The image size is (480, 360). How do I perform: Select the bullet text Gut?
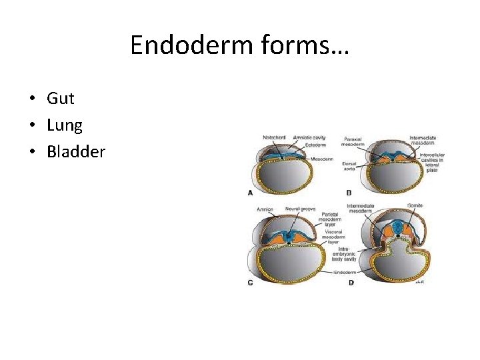coord(61,99)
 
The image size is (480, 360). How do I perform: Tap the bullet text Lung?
coord(65,125)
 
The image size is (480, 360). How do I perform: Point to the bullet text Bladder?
coord(76,152)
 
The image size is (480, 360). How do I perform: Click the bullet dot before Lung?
coord(32,126)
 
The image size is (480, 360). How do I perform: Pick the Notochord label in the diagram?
coord(274,138)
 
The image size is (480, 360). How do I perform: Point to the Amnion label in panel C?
coord(265,210)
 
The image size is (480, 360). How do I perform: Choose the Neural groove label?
coord(300,209)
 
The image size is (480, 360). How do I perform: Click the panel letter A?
coord(250,193)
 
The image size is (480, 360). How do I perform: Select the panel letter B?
coord(349,193)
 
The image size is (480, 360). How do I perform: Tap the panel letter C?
coord(250,283)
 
